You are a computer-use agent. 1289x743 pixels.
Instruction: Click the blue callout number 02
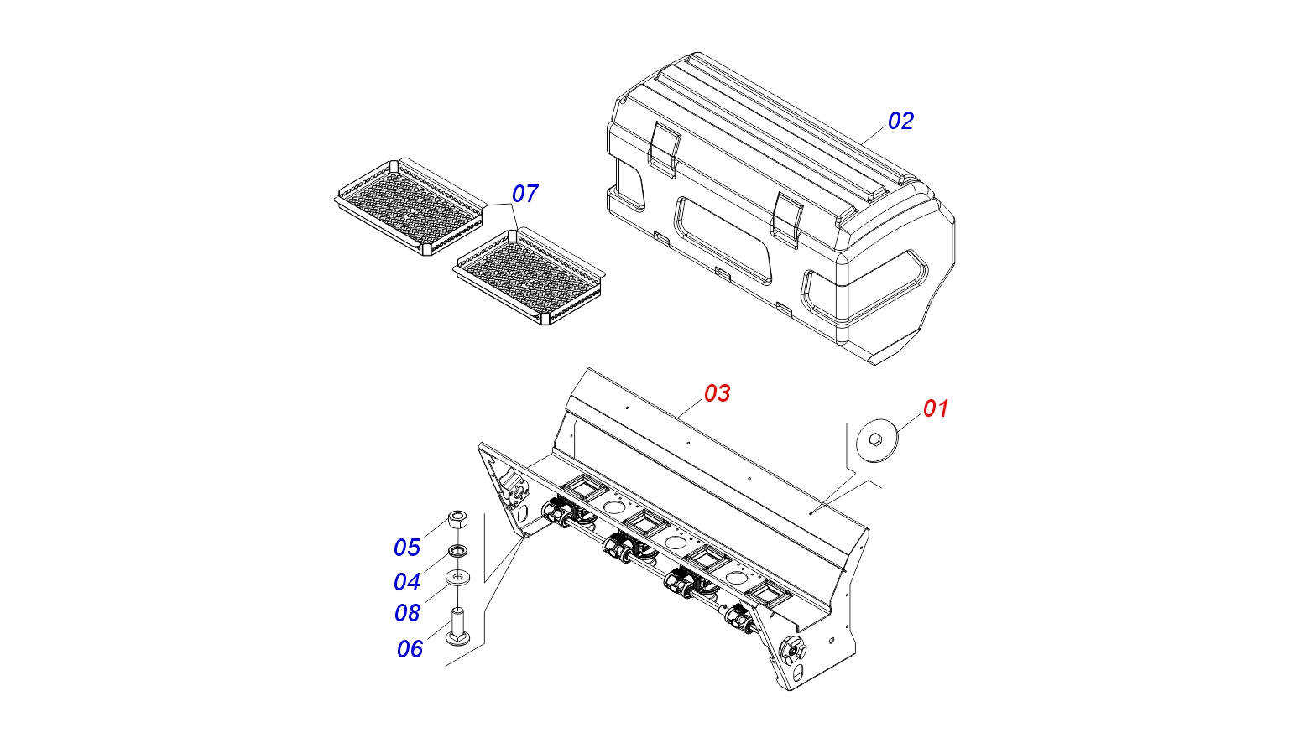[900, 121]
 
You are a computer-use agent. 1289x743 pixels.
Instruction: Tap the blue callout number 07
[524, 194]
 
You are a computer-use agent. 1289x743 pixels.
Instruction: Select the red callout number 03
[717, 393]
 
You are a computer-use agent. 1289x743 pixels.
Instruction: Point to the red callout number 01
[936, 409]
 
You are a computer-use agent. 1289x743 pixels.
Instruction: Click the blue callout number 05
[407, 548]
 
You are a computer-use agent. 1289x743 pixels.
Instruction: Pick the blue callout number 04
[407, 582]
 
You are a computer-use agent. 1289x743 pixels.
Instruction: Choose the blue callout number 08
[407, 613]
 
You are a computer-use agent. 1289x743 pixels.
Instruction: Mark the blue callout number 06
[410, 649]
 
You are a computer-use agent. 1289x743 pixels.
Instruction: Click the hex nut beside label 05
[457, 519]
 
